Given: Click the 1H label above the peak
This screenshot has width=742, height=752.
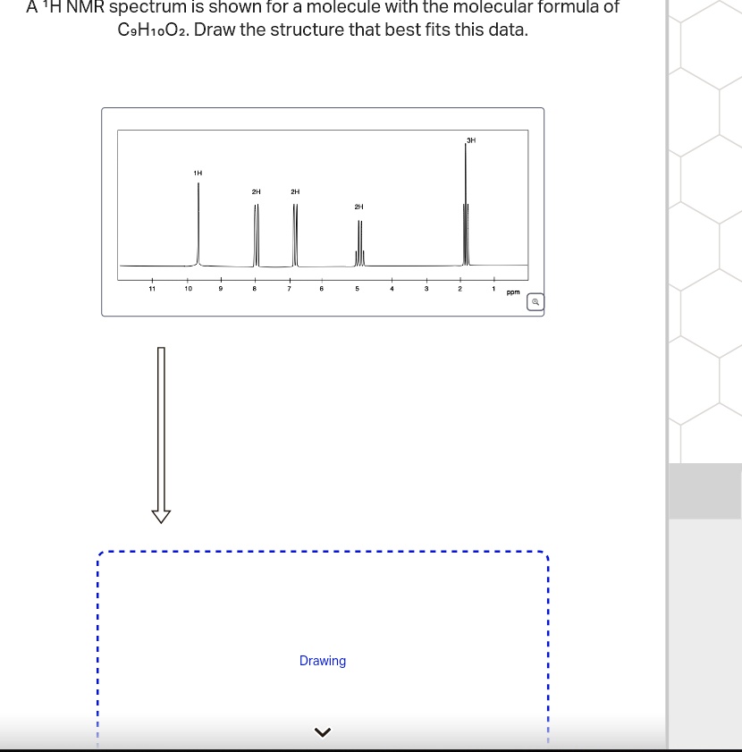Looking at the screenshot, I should (198, 172).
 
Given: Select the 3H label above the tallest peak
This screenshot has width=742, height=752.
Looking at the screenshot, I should (471, 139).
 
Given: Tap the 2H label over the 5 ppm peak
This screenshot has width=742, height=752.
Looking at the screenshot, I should (358, 207).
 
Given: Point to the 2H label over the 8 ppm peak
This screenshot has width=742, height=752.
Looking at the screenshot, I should (256, 191).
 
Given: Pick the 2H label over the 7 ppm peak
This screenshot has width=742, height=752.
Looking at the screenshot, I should (295, 191).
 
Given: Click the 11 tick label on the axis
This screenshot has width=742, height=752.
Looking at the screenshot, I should (152, 289).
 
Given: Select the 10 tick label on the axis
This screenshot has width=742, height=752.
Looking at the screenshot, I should (187, 289).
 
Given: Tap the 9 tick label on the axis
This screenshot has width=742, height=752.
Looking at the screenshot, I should (221, 289).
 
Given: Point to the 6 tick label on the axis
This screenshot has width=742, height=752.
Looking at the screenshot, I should (323, 289).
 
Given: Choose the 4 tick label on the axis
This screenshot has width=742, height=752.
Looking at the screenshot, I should (392, 289).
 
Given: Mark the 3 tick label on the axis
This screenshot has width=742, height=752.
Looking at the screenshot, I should (426, 289).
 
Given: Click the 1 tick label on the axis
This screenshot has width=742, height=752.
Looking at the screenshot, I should (493, 289).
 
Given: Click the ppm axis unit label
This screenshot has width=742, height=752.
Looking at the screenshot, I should (512, 292).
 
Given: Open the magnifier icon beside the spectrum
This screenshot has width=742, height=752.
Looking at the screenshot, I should (535, 302).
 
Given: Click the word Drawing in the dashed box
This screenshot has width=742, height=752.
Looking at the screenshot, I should (323, 661).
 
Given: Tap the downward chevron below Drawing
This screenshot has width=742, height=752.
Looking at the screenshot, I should (323, 733).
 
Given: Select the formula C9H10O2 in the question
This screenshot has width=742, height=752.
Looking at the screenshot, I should (153, 30).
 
